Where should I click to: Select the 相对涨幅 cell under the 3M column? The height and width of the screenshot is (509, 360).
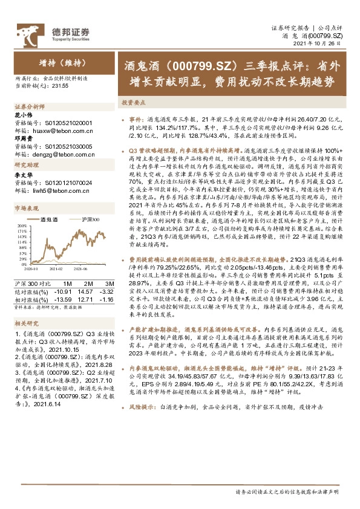pyautogui.click(x=107, y=299)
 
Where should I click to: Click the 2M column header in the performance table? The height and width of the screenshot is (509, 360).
pyautogui.click(x=88, y=284)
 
